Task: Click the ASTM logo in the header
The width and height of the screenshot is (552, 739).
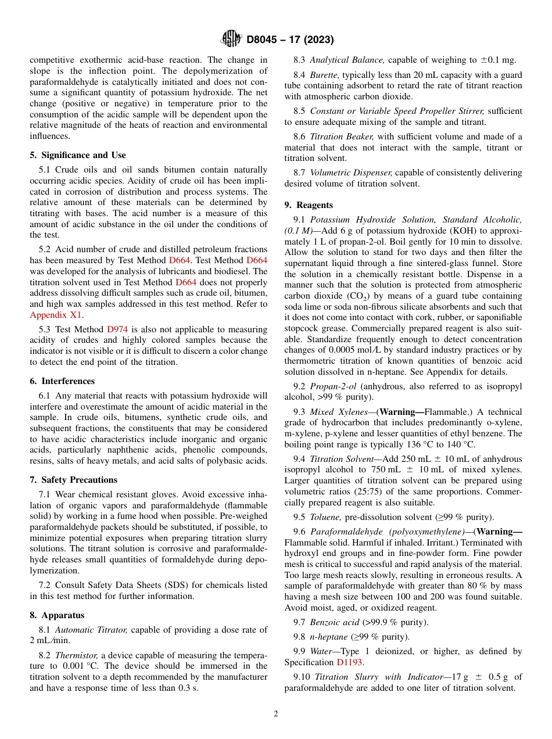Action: pyautogui.click(x=232, y=40)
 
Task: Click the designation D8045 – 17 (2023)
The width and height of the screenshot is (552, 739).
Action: pyautogui.click(x=290, y=40)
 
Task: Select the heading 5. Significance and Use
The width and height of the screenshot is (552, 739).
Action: pyautogui.click(x=77, y=155)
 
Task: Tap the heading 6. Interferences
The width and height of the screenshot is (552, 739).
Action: pyautogui.click(x=62, y=381)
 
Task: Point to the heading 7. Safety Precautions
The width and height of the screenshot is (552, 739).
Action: pyautogui.click(x=73, y=480)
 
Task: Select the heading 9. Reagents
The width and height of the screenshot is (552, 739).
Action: pyautogui.click(x=309, y=205)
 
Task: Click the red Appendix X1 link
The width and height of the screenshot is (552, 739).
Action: pyautogui.click(x=56, y=315)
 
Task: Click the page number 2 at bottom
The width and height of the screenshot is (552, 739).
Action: pyautogui.click(x=276, y=714)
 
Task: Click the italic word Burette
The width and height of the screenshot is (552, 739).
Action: pyautogui.click(x=323, y=75)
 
